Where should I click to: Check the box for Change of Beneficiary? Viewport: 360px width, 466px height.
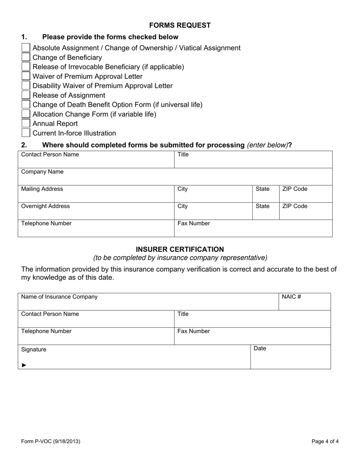click(x=26, y=57)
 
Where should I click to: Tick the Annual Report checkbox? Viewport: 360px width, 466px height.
click(x=26, y=124)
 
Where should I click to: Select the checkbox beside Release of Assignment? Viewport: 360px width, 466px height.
click(x=26, y=95)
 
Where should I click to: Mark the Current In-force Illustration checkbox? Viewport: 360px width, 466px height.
click(x=26, y=133)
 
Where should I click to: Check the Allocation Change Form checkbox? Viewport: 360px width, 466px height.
click(x=26, y=114)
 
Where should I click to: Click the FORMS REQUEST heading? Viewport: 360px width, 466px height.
click(x=180, y=25)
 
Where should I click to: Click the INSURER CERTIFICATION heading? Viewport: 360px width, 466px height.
click(x=180, y=249)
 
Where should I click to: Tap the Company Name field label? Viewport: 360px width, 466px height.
click(x=42, y=172)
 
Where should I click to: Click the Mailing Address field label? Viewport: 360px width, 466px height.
click(x=42, y=189)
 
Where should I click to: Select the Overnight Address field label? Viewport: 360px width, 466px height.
click(x=45, y=206)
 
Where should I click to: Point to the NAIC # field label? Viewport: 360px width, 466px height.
click(x=291, y=297)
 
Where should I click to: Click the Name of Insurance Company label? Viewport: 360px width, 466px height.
click(x=59, y=297)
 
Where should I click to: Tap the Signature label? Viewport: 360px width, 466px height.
click(x=34, y=349)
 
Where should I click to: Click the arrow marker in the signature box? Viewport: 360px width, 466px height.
click(x=24, y=365)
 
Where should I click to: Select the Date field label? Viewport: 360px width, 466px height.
click(x=260, y=349)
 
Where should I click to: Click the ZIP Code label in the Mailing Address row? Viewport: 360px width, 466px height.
click(x=295, y=189)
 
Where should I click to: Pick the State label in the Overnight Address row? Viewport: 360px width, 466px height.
click(x=263, y=206)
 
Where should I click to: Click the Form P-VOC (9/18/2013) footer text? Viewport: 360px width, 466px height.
click(x=51, y=441)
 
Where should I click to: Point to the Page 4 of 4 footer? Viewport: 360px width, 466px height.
click(x=325, y=441)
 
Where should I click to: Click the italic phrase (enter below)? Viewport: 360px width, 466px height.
click(x=267, y=145)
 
